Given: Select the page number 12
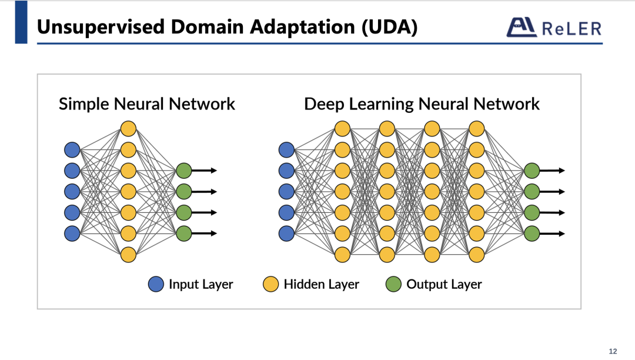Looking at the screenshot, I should coord(613,351).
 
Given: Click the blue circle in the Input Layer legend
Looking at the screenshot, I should coord(156,285).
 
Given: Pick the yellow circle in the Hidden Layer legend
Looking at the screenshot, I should coord(270,285).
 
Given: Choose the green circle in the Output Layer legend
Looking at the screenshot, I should coord(393,285).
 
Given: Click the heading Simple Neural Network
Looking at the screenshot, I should coord(146,105).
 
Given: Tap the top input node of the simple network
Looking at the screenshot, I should coord(72,149).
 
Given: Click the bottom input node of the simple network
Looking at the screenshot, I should coord(72,234).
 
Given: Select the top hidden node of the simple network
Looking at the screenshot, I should coord(128,128).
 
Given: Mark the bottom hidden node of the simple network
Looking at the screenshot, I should coord(128,255).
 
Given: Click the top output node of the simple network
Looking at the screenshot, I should coord(184,171).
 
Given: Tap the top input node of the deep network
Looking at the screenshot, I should coord(286,149).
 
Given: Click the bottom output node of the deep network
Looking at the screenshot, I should coord(532,234).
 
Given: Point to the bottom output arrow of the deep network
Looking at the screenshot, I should coord(553,234).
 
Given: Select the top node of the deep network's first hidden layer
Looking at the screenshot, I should coord(342,128).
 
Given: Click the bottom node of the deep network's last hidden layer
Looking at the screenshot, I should coord(476,255).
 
